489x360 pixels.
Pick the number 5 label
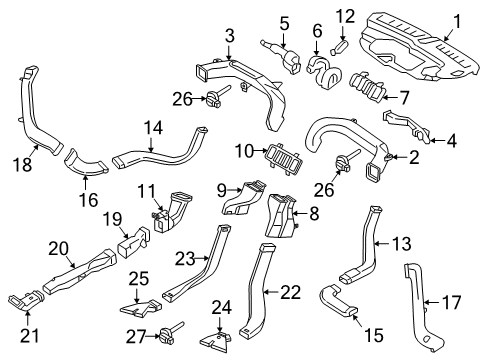pyautogui.click(x=285, y=22)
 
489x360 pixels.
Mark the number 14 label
pyautogui.click(x=152, y=128)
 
